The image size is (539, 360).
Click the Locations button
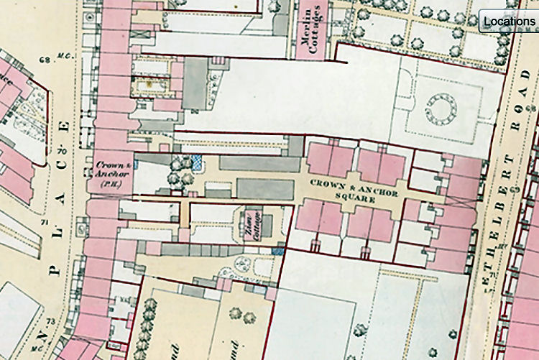pyautogui.click(x=509, y=21)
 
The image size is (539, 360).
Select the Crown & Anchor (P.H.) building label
pyautogui.click(x=111, y=173)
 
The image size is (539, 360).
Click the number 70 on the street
pyautogui.click(x=62, y=152)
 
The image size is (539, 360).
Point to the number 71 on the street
pyautogui.click(x=47, y=225)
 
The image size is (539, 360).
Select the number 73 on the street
pyautogui.click(x=50, y=320)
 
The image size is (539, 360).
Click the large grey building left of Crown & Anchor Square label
pyautogui.click(x=265, y=189)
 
